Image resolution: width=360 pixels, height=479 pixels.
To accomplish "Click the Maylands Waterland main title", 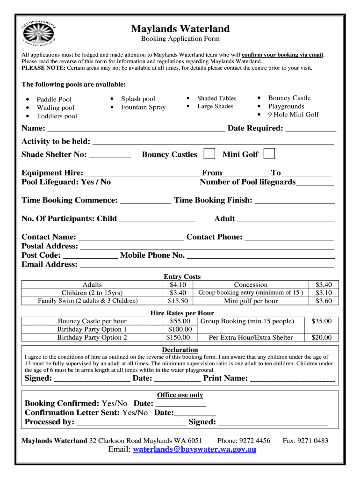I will tap(180, 29).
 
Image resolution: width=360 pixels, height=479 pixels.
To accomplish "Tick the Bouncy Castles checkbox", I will tap(210, 154).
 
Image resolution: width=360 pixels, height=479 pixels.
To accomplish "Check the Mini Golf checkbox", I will tap(269, 154).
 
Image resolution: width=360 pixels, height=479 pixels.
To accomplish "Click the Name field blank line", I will tap(136, 129).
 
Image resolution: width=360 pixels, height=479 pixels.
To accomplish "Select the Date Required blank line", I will tap(310, 129).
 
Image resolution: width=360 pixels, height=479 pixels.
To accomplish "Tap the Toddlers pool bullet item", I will tap(57, 116).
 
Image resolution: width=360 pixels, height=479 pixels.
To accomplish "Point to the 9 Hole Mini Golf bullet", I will tap(293, 115).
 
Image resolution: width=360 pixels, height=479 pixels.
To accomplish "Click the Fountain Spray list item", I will tap(143, 107).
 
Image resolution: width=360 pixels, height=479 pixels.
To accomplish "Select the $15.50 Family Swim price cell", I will tap(178, 301).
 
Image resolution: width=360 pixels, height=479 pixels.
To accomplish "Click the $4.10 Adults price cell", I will tap(178, 284).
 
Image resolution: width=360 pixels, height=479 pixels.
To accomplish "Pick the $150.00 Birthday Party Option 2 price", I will tap(179, 337).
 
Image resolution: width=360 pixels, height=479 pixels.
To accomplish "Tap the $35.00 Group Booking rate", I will tap(321, 321).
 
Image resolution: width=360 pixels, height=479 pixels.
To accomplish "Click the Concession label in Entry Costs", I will tap(251, 284).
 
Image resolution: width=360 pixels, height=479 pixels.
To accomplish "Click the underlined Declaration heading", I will tap(180, 350).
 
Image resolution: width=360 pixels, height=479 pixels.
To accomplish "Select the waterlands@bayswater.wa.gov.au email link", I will tap(194, 450).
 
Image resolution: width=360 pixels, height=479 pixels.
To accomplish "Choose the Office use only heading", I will tap(180, 395).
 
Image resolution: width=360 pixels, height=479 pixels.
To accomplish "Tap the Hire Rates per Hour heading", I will tap(182, 313).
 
